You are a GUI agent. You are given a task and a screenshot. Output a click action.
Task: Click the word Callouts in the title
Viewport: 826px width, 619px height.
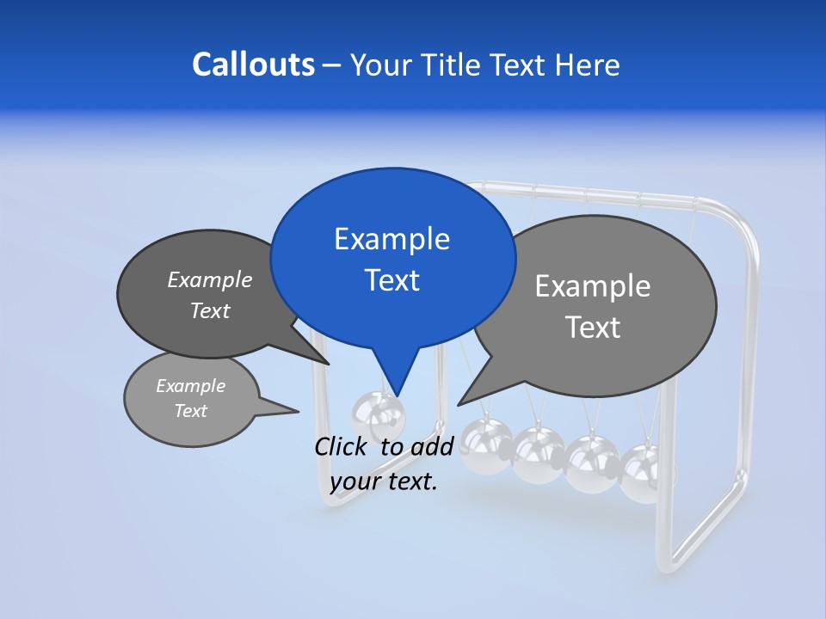point(253,64)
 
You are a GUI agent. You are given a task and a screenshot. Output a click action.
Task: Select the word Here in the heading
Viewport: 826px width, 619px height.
point(589,65)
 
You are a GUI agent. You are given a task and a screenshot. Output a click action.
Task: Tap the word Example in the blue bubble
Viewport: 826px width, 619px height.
point(391,239)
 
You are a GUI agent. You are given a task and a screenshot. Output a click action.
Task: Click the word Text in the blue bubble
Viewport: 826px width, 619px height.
point(391,280)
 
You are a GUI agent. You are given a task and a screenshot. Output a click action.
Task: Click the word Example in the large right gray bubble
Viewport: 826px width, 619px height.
point(592,286)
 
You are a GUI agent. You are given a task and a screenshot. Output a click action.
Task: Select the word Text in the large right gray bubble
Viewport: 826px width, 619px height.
point(594,328)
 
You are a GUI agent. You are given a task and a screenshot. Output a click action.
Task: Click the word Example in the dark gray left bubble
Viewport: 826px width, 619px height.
point(209,279)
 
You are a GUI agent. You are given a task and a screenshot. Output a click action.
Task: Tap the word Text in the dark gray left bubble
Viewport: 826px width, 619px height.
point(209,310)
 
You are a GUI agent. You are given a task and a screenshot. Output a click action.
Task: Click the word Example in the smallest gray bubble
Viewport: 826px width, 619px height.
point(190,386)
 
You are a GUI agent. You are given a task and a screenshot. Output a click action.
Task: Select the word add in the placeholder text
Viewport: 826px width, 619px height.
point(431,446)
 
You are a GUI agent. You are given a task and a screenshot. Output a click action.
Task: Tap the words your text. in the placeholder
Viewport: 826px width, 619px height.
point(384,481)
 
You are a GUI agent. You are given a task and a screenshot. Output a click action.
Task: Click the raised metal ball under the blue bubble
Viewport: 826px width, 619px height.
point(377,417)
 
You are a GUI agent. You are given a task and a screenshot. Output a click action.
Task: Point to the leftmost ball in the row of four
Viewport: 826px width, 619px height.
point(485,445)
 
